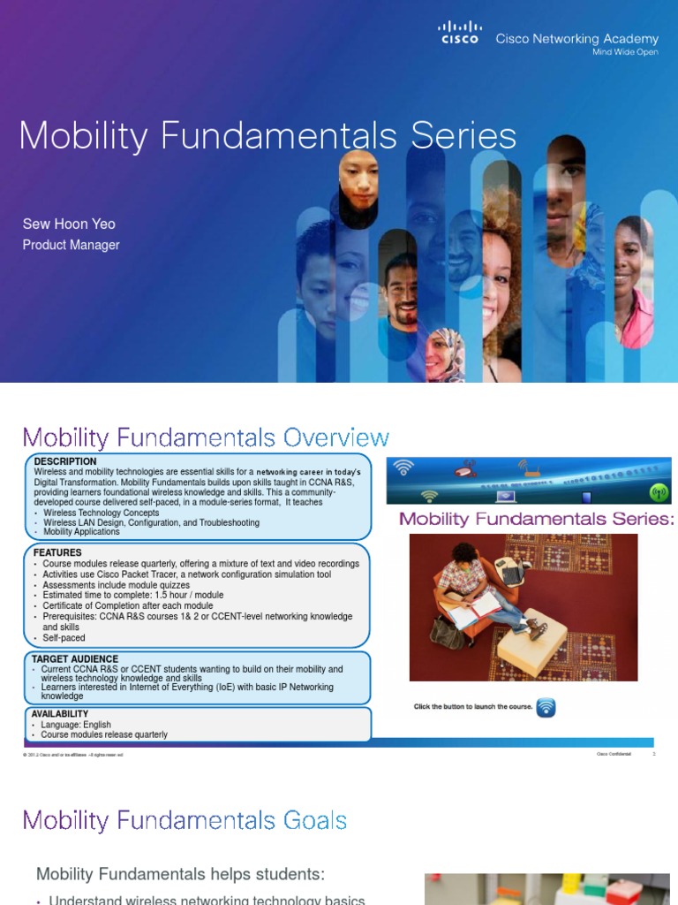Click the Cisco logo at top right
coord(460,34)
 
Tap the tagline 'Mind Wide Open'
coord(625,53)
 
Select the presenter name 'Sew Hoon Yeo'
coord(69,224)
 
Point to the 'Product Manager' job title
coord(71,245)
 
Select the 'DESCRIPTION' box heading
coord(65,462)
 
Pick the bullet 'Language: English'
coord(77,725)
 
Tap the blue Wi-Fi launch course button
coord(546,707)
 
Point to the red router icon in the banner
coord(465,470)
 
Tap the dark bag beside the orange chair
coord(444,631)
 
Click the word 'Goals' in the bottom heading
coord(310,821)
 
